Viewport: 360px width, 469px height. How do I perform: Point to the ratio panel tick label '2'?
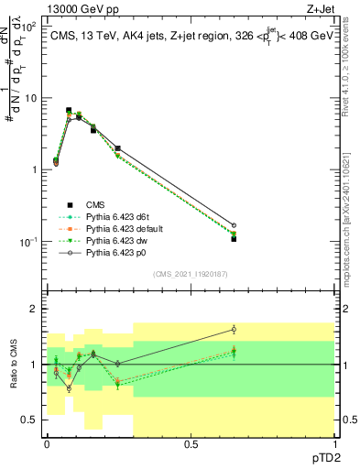coord(34,310)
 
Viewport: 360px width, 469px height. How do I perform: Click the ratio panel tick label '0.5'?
coord(29,420)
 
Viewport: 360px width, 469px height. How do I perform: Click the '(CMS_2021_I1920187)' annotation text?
coord(190,272)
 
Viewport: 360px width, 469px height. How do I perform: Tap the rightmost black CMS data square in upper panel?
coord(234,238)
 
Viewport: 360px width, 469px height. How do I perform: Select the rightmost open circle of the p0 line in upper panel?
coord(234,224)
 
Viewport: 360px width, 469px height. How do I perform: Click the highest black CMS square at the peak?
coord(69,110)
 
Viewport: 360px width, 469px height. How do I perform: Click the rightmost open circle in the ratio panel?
coord(234,330)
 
